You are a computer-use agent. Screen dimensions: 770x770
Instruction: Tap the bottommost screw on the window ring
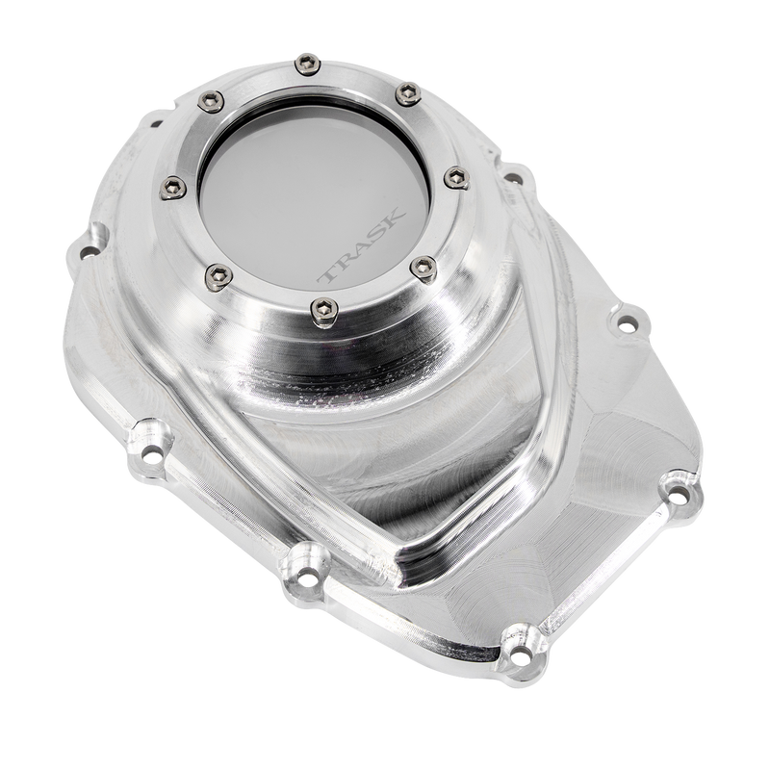321,308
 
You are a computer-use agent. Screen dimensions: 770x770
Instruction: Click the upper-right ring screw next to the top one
405,91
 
